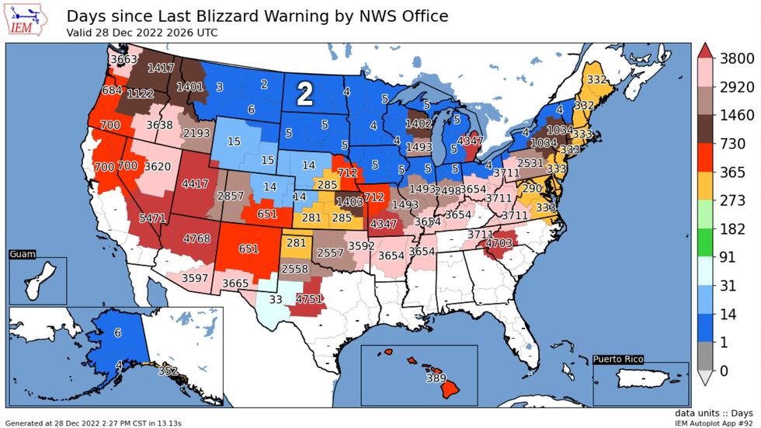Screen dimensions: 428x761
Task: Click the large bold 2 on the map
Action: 305,95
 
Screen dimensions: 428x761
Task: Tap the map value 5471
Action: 152,219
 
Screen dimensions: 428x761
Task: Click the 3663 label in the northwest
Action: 123,59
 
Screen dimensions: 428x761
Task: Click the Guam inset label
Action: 23,254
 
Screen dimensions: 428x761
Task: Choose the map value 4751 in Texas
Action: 308,299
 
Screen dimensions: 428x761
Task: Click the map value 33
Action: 276,298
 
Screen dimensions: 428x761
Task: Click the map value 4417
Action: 196,184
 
